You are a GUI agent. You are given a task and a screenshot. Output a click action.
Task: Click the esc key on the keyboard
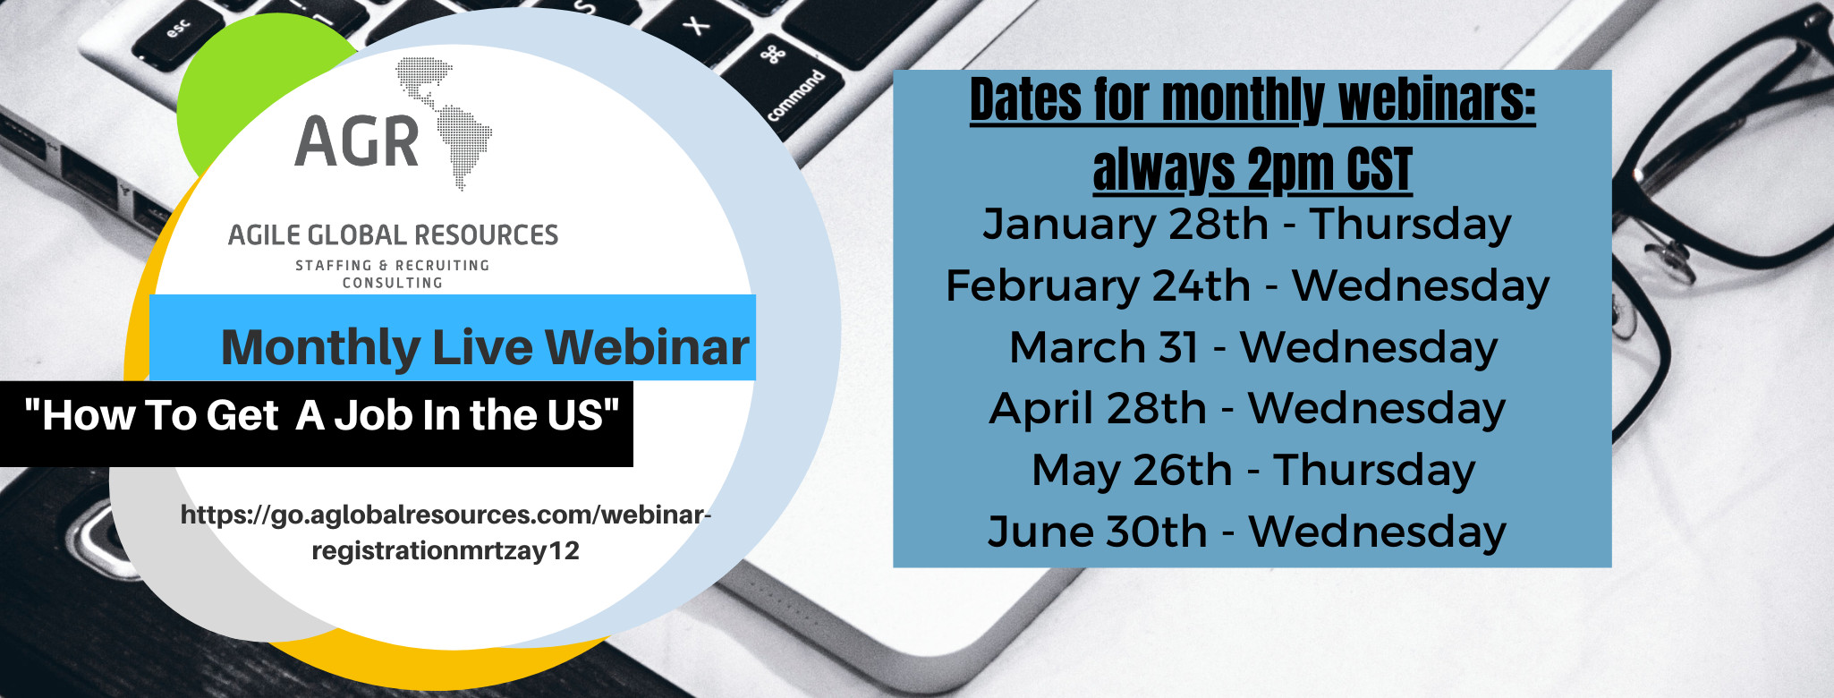click(170, 36)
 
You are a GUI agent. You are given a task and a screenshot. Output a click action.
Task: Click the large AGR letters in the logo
click(357, 142)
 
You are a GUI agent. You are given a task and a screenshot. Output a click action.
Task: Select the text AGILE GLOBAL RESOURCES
click(393, 235)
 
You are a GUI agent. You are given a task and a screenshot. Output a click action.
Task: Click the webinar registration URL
click(446, 532)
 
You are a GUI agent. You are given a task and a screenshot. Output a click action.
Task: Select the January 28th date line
click(1247, 224)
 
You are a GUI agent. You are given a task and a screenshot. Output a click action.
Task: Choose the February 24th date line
click(1247, 285)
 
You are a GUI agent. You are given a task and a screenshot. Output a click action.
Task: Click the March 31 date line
click(1252, 347)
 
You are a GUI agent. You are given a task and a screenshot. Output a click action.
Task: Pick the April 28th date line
click(1247, 408)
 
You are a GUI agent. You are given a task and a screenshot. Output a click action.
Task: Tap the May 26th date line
click(1252, 470)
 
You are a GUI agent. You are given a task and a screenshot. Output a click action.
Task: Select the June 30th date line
click(1247, 532)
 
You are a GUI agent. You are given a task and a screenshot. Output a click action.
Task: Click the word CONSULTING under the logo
click(393, 283)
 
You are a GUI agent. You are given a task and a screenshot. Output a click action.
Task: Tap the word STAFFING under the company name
click(334, 266)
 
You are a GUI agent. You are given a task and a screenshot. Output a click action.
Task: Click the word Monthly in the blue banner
click(320, 348)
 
